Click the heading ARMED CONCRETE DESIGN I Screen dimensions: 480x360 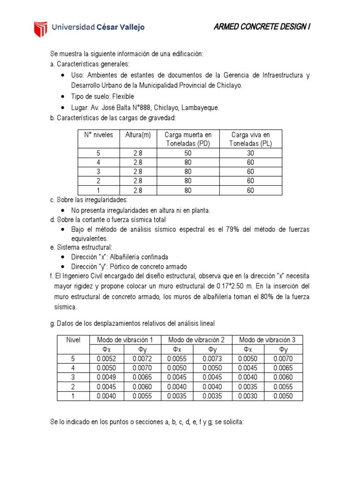pos(262,27)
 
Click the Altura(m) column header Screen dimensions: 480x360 pos(138,135)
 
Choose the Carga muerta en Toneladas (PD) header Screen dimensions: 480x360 pos(188,139)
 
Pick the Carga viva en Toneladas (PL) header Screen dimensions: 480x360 pos(250,139)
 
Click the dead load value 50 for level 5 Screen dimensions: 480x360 pos(188,153)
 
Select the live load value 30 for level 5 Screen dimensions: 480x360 pos(250,153)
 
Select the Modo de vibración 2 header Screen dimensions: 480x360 pos(196,340)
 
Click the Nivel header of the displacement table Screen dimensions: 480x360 pos(73,340)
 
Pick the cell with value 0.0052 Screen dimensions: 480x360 pos(106,359)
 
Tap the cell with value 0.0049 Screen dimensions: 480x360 pos(106,377)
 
